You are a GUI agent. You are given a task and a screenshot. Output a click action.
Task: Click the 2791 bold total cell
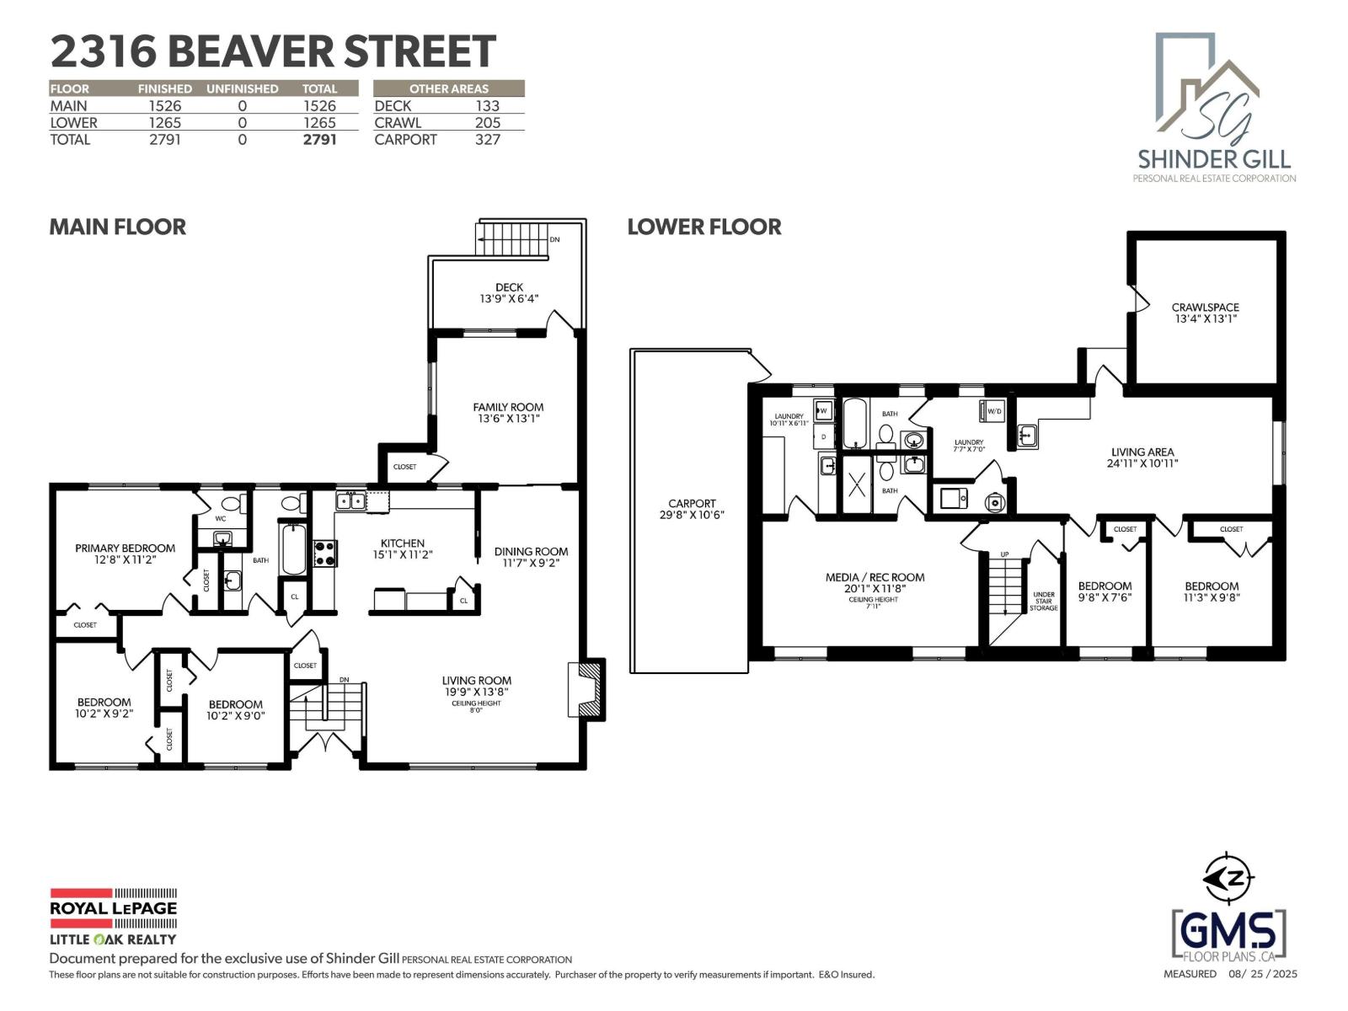click(x=319, y=139)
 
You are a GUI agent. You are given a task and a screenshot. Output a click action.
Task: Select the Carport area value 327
click(x=488, y=139)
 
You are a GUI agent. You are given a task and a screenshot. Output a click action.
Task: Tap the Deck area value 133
click(x=488, y=105)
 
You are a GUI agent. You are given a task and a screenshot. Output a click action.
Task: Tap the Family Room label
click(x=508, y=407)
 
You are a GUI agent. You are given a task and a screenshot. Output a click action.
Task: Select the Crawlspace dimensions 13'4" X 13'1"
click(x=1205, y=318)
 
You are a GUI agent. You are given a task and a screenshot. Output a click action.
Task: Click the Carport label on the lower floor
click(x=693, y=503)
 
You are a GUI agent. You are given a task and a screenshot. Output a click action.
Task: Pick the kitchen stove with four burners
click(x=325, y=553)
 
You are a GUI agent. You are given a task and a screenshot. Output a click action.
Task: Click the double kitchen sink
click(x=350, y=501)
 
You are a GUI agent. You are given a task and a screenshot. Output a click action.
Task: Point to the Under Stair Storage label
click(x=1043, y=601)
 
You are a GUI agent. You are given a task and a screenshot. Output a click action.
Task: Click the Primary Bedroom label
click(x=126, y=548)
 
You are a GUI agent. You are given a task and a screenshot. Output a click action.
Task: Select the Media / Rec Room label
click(x=875, y=577)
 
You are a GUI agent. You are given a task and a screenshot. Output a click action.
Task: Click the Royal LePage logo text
click(x=113, y=908)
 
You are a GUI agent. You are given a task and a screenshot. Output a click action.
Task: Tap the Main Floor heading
click(x=117, y=227)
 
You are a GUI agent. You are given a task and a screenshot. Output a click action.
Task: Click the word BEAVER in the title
click(x=250, y=51)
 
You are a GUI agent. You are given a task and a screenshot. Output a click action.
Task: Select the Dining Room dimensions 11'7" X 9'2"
click(x=531, y=563)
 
